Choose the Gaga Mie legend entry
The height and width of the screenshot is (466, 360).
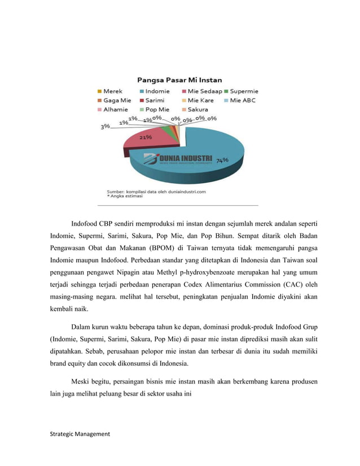[x=116, y=100]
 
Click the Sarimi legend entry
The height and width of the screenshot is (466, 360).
[x=153, y=100]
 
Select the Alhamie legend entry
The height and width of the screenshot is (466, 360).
[x=116, y=109]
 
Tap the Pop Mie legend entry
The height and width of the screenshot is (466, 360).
[x=157, y=109]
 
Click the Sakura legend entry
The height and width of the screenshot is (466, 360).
[x=197, y=109]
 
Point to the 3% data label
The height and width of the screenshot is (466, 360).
[x=105, y=127]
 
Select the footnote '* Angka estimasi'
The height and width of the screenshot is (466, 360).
[x=125, y=197]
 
